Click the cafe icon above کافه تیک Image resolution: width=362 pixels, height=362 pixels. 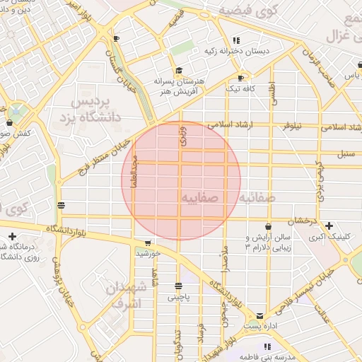241,78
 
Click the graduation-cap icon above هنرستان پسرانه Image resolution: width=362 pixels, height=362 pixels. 180,70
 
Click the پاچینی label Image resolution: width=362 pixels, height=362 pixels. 178,298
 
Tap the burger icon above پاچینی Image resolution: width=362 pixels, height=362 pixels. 177,286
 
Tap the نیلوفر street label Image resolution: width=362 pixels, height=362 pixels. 292,125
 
